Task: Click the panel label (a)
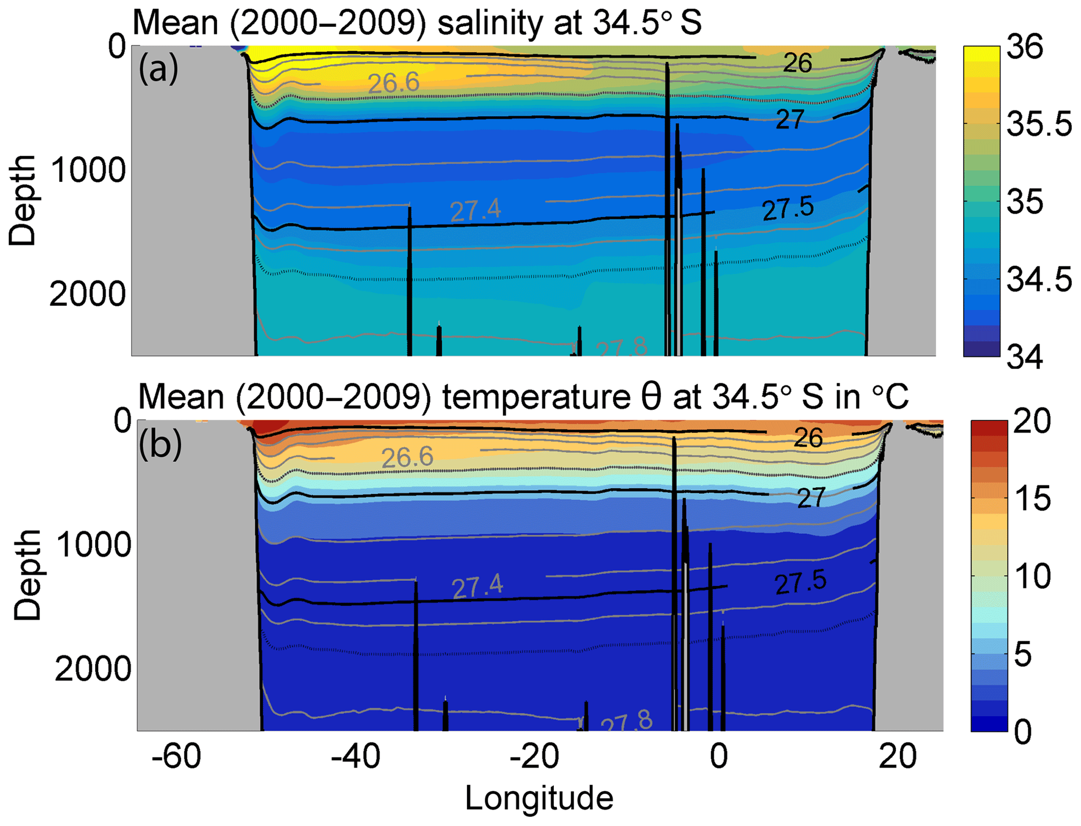[x=158, y=69]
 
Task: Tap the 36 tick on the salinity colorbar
[x=1025, y=47]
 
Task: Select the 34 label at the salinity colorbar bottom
[x=1025, y=357]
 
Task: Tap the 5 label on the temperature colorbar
[x=1023, y=653]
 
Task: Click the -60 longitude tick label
[x=176, y=756]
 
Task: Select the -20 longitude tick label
[x=534, y=756]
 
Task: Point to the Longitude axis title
[x=539, y=799]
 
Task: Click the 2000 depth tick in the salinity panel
[x=87, y=294]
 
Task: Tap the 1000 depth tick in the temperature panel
[x=93, y=545]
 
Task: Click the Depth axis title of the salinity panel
[x=22, y=200]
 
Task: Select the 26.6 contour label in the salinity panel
[x=393, y=83]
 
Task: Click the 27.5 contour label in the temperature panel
[x=800, y=583]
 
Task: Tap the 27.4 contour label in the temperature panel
[x=477, y=586]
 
